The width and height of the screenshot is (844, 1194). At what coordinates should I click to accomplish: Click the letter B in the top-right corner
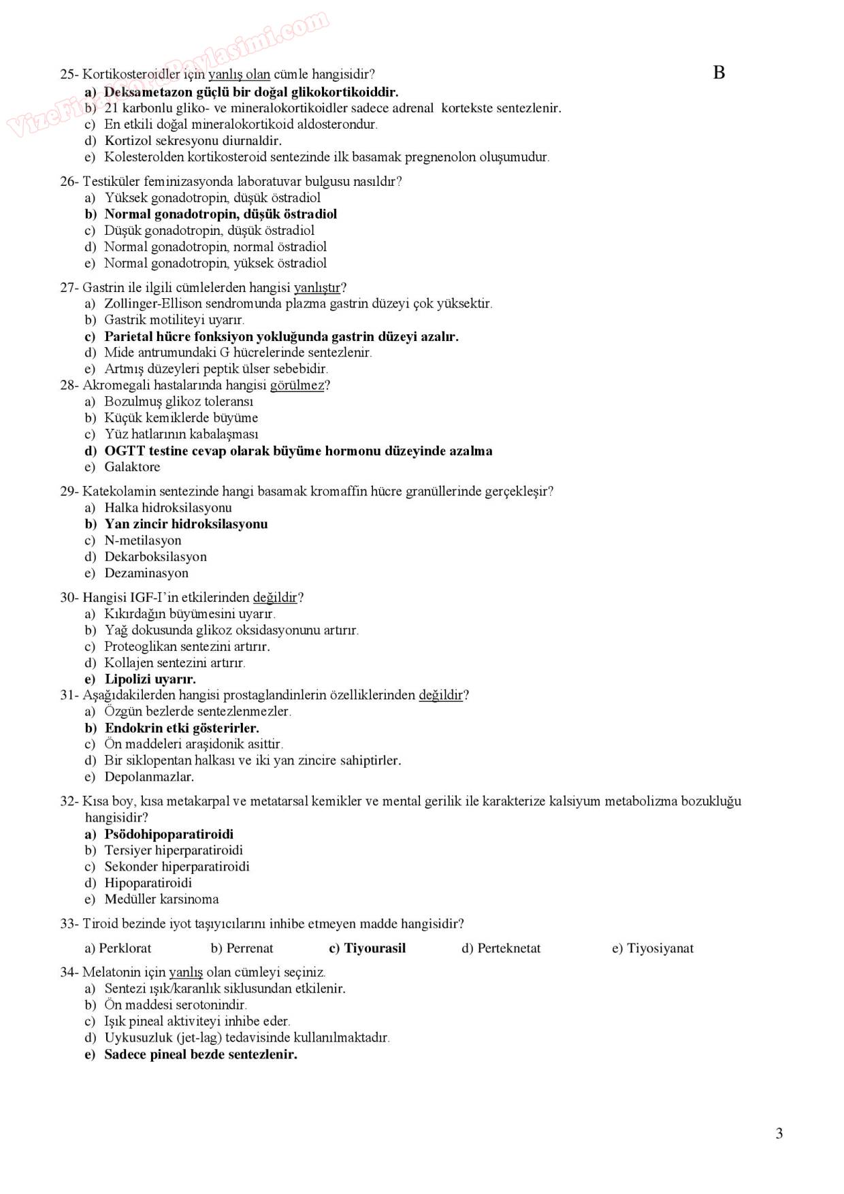(719, 73)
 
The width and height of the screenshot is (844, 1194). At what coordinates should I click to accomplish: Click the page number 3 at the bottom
(779, 1133)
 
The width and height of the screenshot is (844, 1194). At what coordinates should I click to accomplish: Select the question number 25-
(70, 74)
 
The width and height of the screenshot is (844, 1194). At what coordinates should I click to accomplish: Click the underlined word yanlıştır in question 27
(317, 287)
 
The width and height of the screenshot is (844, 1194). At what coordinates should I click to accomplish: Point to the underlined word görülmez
(297, 385)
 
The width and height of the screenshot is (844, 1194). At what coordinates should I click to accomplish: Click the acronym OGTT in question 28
(125, 451)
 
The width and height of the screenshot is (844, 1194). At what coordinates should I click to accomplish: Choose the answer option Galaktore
(132, 467)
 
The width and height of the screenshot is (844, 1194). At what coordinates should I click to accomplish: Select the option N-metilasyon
(143, 540)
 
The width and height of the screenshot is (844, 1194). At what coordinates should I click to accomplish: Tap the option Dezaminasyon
(146, 573)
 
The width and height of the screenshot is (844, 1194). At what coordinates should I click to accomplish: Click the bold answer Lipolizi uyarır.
(150, 679)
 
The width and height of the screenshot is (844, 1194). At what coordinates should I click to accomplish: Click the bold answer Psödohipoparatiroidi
(169, 834)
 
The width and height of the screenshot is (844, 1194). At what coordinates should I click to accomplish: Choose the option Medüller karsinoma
(161, 899)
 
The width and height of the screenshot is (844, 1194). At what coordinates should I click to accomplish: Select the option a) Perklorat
(118, 948)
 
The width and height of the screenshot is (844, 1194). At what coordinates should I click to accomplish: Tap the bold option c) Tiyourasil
(367, 948)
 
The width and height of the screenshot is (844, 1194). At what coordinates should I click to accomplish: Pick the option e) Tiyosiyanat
(653, 948)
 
